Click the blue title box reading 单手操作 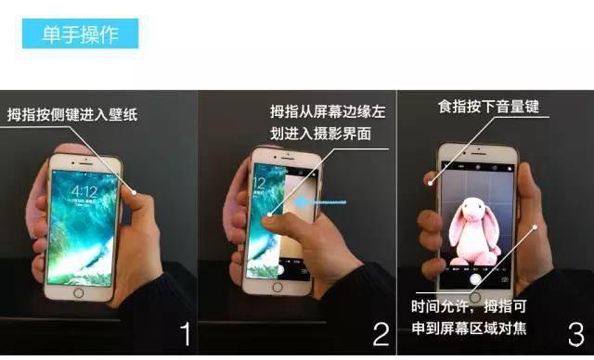click(x=81, y=34)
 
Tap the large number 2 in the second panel click(x=379, y=333)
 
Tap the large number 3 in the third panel click(x=575, y=333)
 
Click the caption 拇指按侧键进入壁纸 click(x=71, y=115)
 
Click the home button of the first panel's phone click(x=78, y=293)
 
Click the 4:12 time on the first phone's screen click(x=84, y=191)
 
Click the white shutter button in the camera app click(x=475, y=276)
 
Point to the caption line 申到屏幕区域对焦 click(x=469, y=328)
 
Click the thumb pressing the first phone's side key click(x=135, y=195)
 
